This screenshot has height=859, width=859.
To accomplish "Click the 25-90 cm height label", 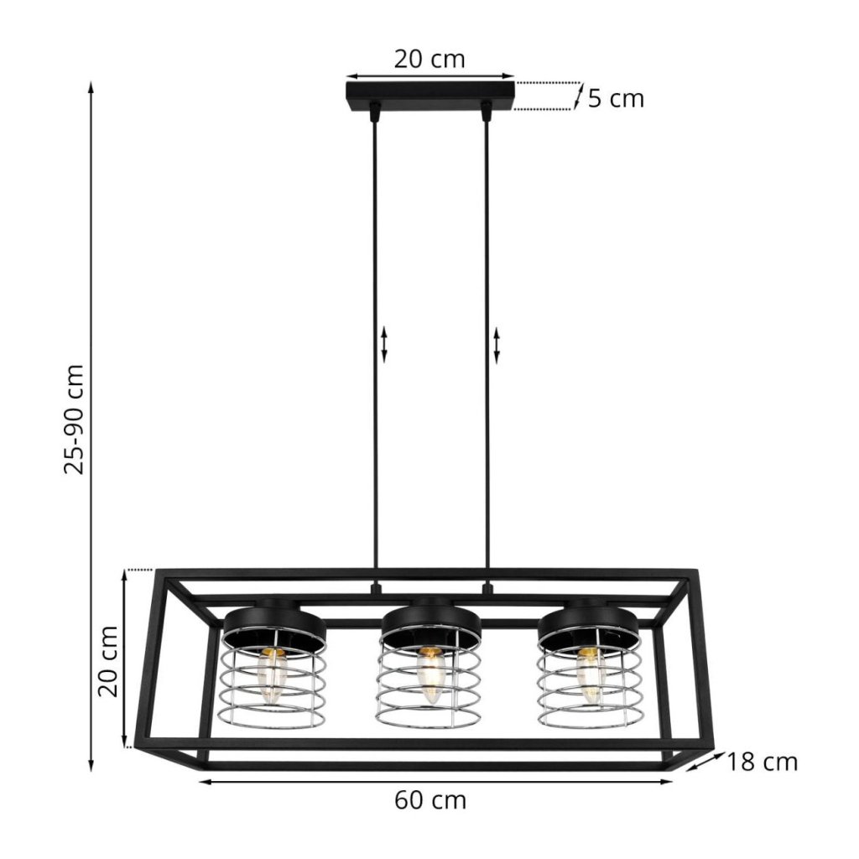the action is click(75, 419).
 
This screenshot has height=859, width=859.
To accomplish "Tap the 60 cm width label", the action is click(430, 801).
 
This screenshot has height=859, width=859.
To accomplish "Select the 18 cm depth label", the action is click(762, 762).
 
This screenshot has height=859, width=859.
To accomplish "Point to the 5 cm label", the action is click(616, 99).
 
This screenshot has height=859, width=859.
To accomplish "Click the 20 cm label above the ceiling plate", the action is click(429, 60).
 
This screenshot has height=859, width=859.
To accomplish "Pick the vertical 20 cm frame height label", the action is click(108, 661).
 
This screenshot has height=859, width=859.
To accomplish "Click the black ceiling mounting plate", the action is click(430, 96).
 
